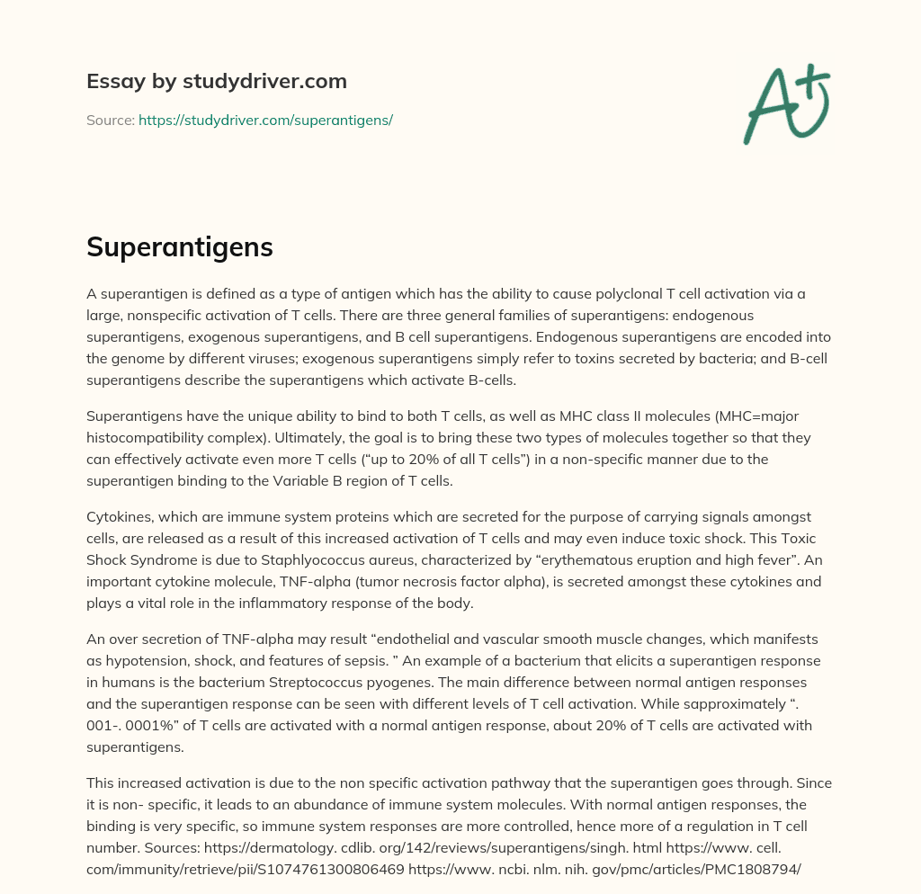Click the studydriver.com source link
(265, 120)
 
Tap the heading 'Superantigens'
(179, 247)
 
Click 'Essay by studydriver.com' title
(216, 81)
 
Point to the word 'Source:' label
(110, 120)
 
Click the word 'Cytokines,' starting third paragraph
(121, 517)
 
